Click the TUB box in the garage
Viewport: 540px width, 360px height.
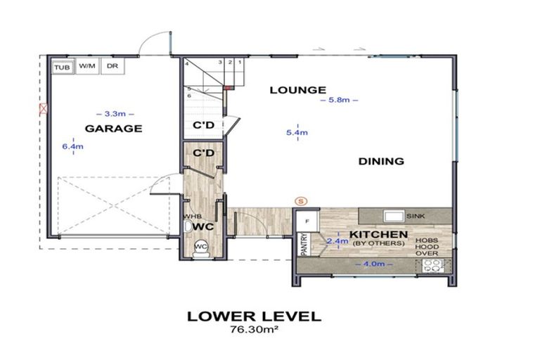tap(63, 66)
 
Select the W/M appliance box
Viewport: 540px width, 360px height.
tap(87, 66)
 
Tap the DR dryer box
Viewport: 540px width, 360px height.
tap(112, 66)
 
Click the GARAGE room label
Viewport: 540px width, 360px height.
tap(113, 129)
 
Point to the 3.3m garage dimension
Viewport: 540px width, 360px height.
tap(113, 112)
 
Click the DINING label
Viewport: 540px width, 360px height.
tap(381, 161)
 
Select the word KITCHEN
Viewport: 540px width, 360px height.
tap(379, 233)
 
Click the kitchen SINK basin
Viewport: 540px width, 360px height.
tap(392, 216)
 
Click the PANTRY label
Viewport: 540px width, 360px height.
tap(304, 243)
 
